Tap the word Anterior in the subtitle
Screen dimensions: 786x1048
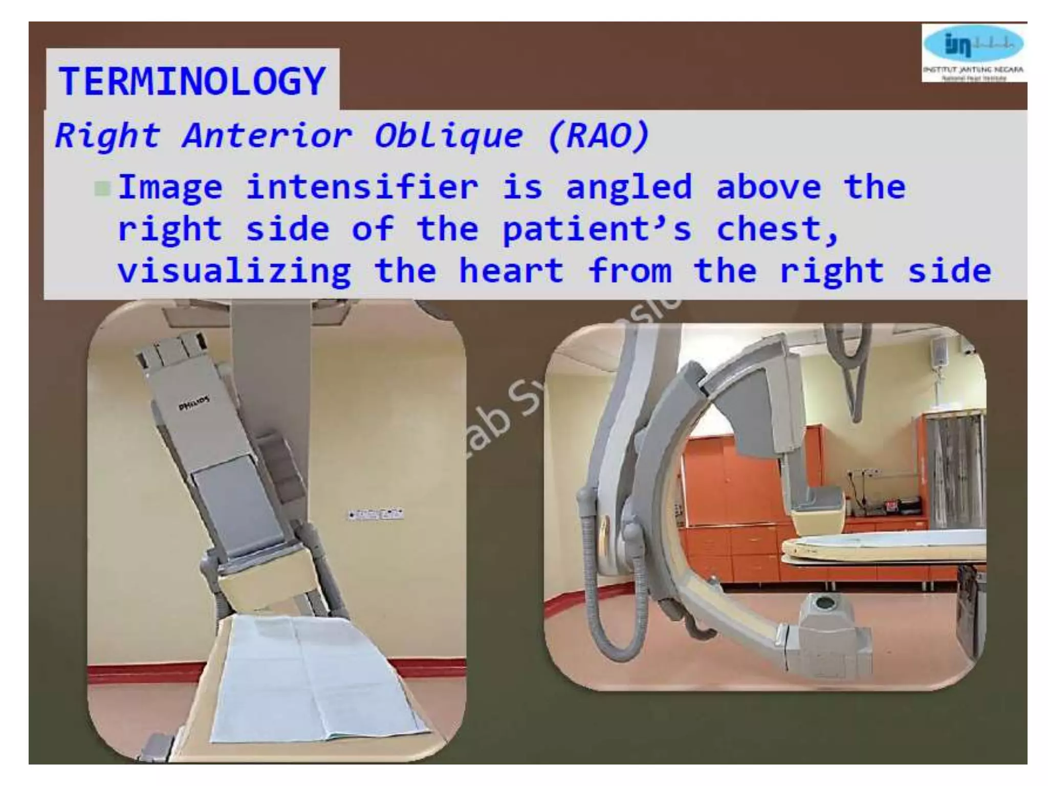(267, 136)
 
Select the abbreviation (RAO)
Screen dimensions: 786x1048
(598, 136)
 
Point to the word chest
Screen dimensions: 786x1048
(776, 229)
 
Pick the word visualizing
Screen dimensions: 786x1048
(234, 271)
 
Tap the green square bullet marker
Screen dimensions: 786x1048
(102, 189)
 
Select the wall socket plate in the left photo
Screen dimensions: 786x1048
(376, 514)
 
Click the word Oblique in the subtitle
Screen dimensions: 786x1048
(449, 136)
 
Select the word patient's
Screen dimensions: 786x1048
(597, 229)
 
